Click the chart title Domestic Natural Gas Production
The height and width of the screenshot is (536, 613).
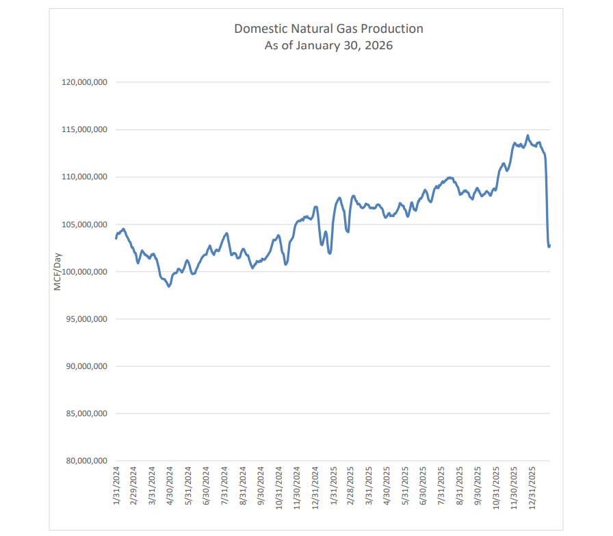(328, 29)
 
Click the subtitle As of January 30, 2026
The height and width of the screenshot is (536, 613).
(328, 47)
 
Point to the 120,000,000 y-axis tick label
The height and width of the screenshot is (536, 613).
(84, 82)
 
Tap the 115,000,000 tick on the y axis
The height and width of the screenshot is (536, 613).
(84, 129)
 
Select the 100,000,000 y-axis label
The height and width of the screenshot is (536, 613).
(84, 272)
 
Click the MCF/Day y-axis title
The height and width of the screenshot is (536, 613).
(58, 272)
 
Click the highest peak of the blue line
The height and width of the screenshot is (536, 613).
(527, 136)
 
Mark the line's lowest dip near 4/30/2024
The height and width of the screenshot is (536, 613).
(169, 286)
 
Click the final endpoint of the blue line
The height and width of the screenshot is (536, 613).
(549, 246)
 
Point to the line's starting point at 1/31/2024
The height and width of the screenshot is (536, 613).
(116, 238)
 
